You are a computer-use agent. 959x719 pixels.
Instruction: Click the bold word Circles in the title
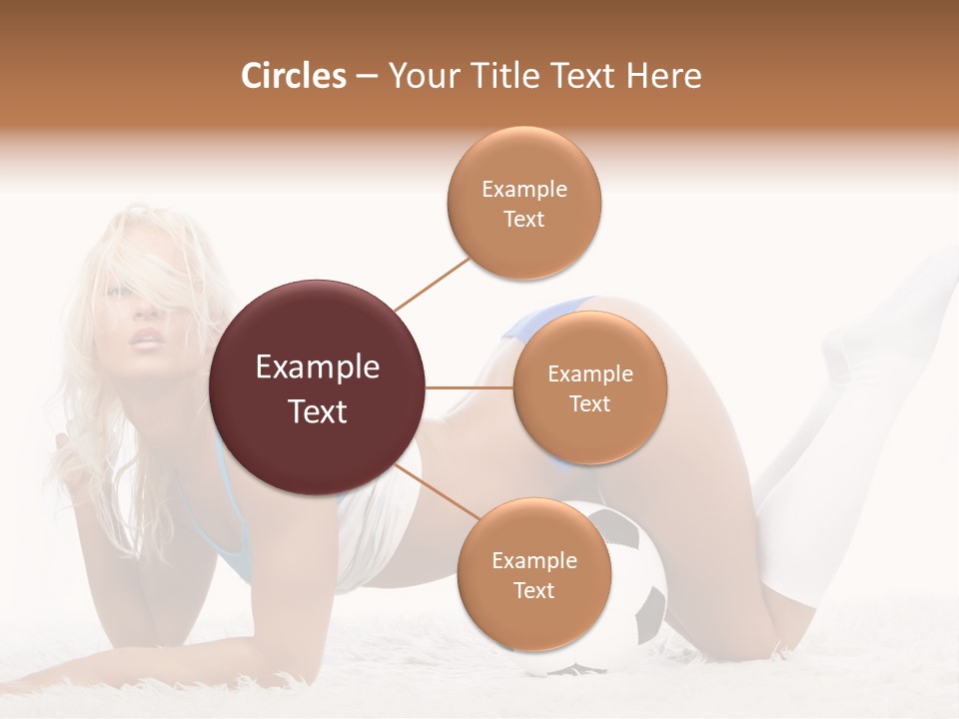point(293,76)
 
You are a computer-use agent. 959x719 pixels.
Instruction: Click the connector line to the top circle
point(432,284)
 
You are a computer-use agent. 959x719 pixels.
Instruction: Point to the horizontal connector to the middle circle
point(470,387)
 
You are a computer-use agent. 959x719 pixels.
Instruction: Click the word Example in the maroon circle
point(318,367)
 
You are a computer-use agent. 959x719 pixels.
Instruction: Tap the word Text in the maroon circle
point(318,411)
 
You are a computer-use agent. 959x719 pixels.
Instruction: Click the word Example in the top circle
point(523,189)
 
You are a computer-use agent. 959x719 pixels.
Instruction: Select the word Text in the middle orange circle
point(589,403)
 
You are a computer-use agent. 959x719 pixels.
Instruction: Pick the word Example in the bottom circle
point(533,560)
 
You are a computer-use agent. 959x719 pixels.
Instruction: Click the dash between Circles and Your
point(366,77)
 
